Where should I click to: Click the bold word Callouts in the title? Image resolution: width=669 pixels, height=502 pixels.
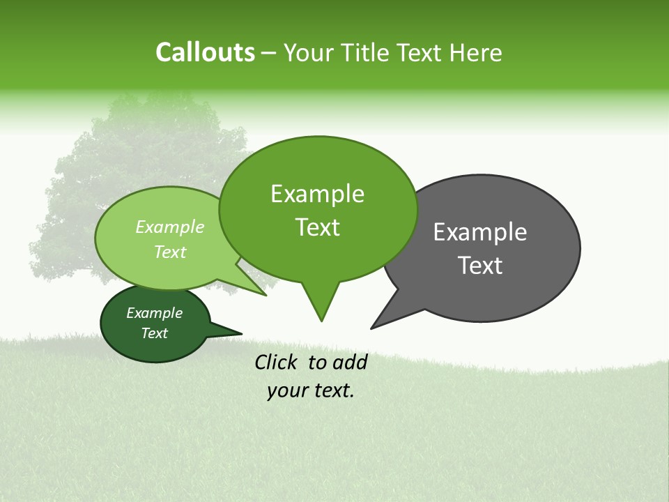(205, 52)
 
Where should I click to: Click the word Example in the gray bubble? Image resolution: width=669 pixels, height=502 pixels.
(480, 232)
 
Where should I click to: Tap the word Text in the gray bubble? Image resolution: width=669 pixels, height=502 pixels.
(480, 266)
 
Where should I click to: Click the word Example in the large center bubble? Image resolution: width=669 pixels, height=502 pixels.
(317, 194)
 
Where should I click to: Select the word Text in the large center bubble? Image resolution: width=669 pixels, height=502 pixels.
(317, 227)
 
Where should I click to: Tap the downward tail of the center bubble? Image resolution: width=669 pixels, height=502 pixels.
(321, 310)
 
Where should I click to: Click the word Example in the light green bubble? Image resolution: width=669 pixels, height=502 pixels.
(170, 227)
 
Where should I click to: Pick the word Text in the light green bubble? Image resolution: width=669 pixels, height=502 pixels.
(170, 252)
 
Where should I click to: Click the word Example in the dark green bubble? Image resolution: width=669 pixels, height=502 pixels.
(155, 313)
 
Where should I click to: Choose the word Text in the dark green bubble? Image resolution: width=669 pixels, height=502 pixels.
(155, 333)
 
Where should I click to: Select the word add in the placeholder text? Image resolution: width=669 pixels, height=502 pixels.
(349, 362)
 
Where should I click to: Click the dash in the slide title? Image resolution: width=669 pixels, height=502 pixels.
(270, 53)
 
